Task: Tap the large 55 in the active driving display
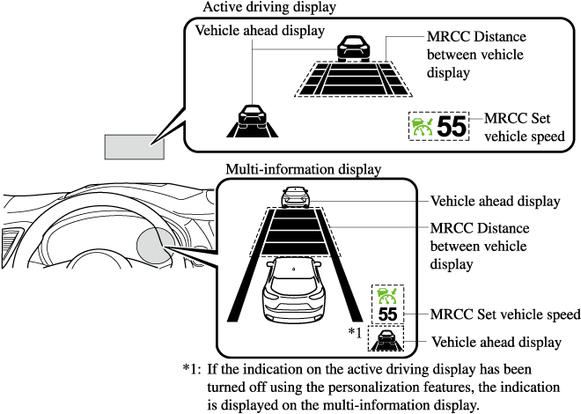click(452, 127)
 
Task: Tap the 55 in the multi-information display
click(386, 314)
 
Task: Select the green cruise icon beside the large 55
click(423, 127)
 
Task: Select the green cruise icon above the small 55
click(386, 295)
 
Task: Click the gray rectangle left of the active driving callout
click(135, 145)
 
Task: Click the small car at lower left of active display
click(252, 115)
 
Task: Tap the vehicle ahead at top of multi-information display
click(292, 197)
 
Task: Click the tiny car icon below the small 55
click(386, 338)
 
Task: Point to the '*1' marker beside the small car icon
click(356, 332)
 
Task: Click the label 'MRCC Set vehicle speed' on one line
click(504, 314)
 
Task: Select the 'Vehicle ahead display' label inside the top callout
click(248, 30)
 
